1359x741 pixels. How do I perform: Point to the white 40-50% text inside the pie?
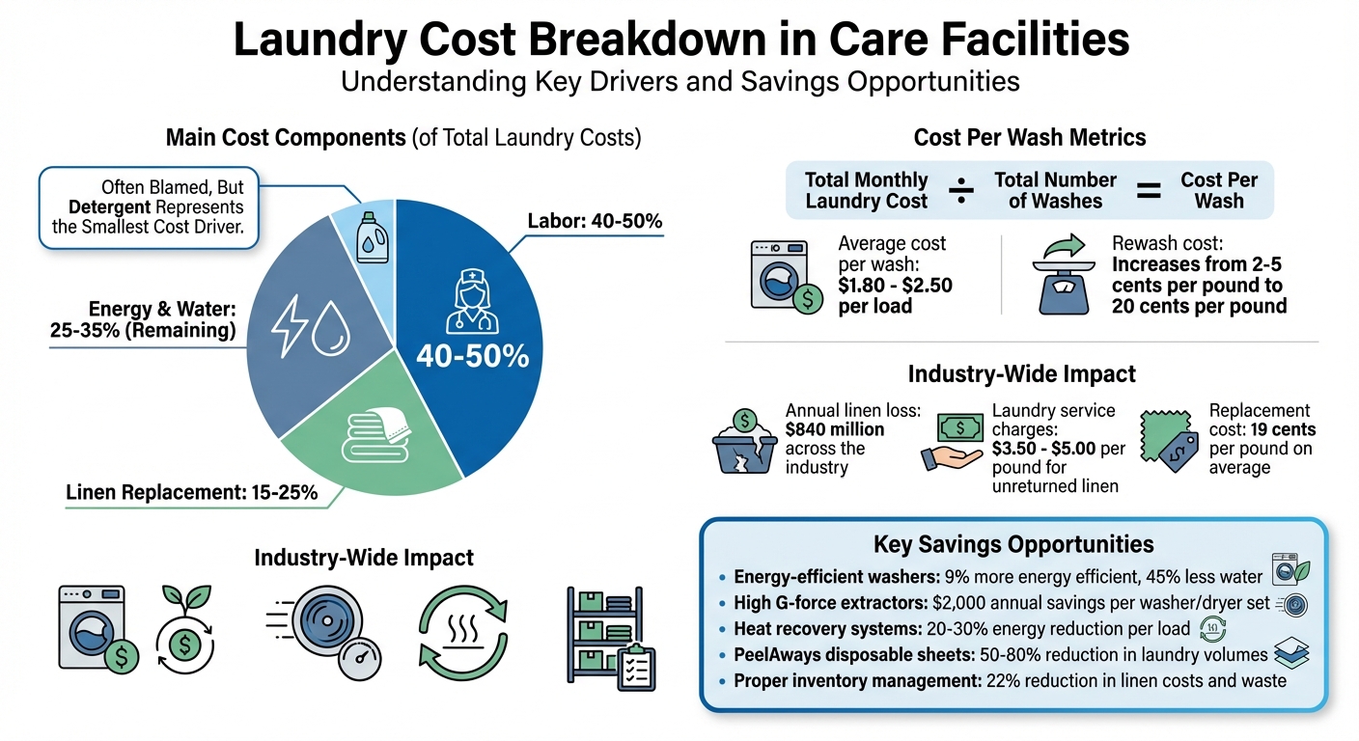[472, 356]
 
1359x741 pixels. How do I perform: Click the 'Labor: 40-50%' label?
[595, 221]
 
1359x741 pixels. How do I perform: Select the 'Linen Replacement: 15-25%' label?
[192, 493]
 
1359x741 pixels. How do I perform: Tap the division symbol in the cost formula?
[961, 190]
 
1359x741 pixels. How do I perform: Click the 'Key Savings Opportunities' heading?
[1012, 544]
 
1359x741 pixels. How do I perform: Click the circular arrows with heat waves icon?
[461, 632]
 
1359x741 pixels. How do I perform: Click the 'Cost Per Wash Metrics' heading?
[1030, 137]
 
